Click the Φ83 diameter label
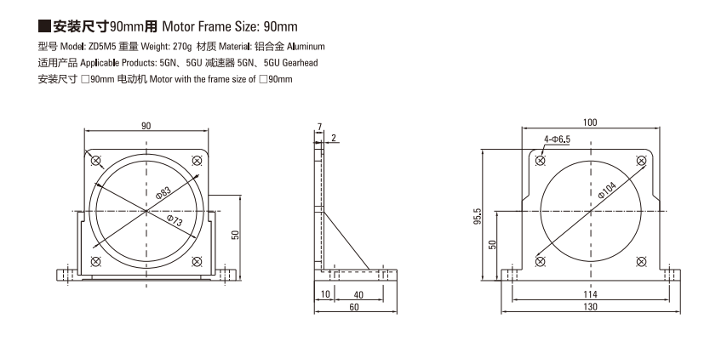click(x=163, y=192)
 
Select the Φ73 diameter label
click(x=175, y=220)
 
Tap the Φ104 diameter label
click(x=607, y=190)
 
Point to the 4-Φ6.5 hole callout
click(x=557, y=139)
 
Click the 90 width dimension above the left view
click(x=146, y=126)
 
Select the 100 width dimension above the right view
click(x=590, y=122)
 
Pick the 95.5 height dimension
click(x=478, y=217)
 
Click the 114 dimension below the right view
click(x=590, y=294)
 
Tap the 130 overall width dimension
click(x=590, y=307)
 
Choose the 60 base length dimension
click(x=354, y=307)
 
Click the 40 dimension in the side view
click(x=358, y=295)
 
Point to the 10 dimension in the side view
click(x=325, y=294)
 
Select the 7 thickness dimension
click(x=320, y=127)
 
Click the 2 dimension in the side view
click(x=334, y=138)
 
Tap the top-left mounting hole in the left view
click(x=95, y=161)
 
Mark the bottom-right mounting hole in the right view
click(x=641, y=261)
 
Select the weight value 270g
click(x=183, y=46)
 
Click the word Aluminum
click(x=306, y=46)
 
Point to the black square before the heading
click(x=44, y=26)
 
